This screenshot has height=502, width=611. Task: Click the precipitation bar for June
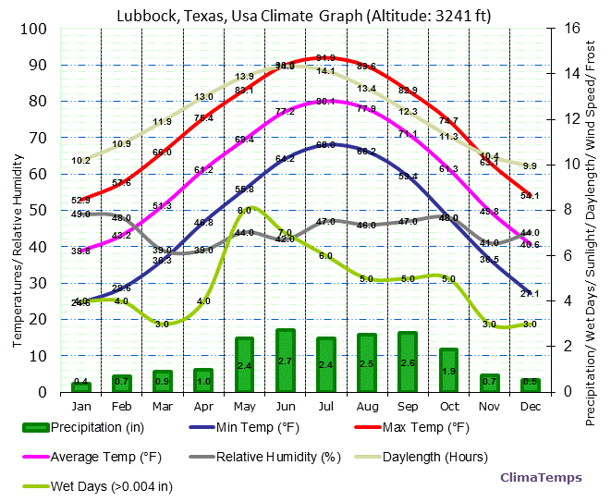(286, 361)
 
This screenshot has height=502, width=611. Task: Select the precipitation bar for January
(81, 386)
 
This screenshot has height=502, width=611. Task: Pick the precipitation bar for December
(530, 385)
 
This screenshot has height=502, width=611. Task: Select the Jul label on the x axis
(326, 406)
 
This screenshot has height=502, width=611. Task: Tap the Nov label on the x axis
(489, 406)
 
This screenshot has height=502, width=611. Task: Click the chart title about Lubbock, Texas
(304, 12)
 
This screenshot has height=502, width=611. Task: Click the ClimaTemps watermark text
(541, 478)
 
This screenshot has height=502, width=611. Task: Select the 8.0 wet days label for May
(244, 211)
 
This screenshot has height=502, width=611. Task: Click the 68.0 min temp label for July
(325, 145)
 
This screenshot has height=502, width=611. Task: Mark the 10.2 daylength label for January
(81, 160)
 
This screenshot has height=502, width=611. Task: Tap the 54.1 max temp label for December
(530, 196)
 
